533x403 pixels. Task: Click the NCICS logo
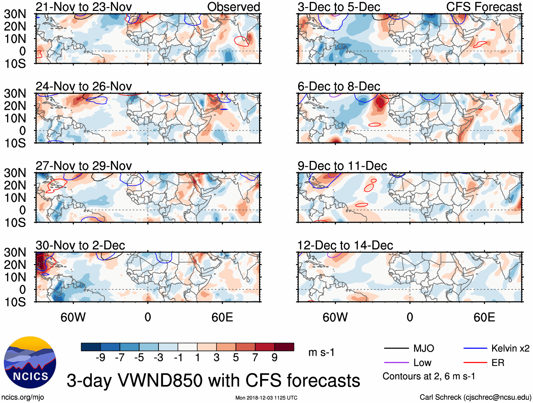click(x=30, y=362)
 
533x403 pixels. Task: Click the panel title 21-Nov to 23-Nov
click(x=84, y=7)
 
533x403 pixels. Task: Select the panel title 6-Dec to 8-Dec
click(x=339, y=86)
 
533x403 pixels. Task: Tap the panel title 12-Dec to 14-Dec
click(x=345, y=245)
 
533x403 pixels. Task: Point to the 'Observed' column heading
click(x=233, y=7)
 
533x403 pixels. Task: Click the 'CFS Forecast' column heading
click(x=484, y=7)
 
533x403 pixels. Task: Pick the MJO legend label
click(x=424, y=349)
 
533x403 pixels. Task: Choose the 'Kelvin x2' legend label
click(x=510, y=349)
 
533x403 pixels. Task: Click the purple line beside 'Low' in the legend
click(x=396, y=362)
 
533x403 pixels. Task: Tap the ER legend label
click(x=498, y=363)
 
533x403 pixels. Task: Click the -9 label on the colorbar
click(x=100, y=358)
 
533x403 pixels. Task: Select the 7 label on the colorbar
click(x=255, y=358)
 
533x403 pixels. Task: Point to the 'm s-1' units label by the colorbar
click(x=321, y=353)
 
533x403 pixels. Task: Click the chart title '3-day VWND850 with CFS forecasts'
click(x=213, y=380)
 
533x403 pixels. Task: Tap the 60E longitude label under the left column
click(x=222, y=317)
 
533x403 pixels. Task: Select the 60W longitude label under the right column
click(x=335, y=317)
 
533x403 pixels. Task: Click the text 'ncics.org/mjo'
click(x=22, y=397)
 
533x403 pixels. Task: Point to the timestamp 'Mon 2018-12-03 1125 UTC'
click(x=266, y=398)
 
